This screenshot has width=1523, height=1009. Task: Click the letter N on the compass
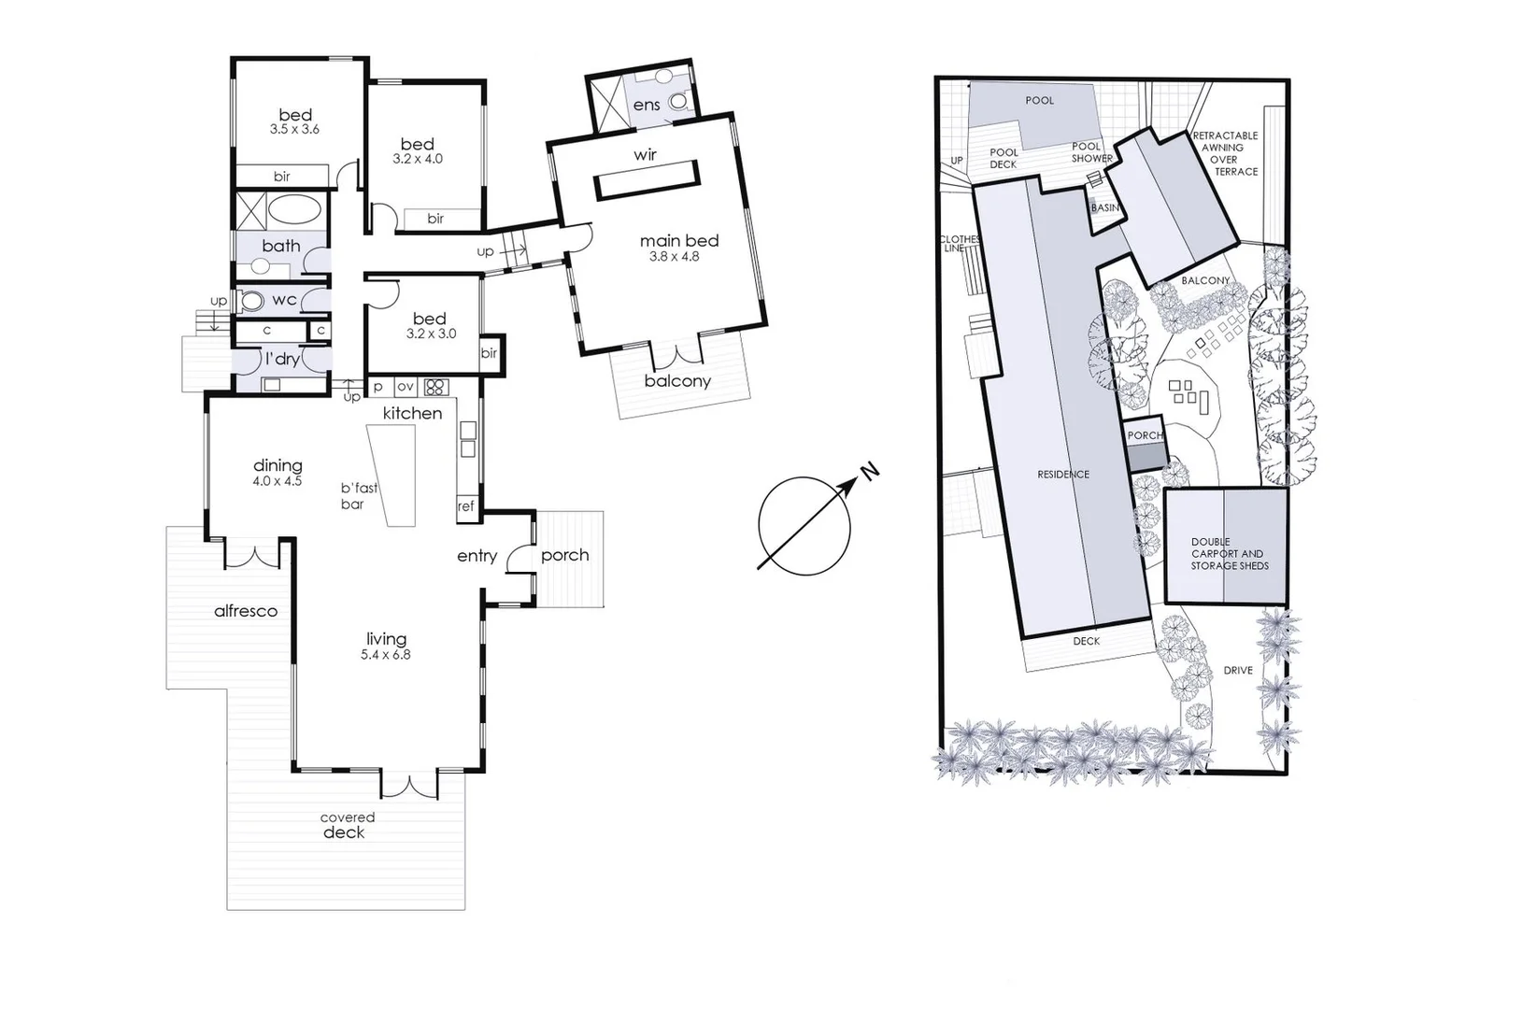(869, 471)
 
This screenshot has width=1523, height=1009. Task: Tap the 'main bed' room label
(679, 241)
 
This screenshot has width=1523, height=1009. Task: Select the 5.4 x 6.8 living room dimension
(386, 655)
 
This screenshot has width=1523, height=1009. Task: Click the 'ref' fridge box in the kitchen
(465, 505)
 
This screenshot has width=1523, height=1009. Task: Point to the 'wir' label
(645, 155)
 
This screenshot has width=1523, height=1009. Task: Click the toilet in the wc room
(252, 301)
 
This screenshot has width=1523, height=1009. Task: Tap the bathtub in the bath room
(296, 209)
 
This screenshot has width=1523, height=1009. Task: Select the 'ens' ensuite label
(647, 105)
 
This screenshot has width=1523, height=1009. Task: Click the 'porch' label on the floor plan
(565, 555)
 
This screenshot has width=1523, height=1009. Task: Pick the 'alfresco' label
(246, 611)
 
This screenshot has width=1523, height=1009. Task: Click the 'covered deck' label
(346, 826)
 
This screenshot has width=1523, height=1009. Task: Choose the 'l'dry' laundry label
(281, 359)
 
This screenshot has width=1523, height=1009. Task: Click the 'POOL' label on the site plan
(1039, 100)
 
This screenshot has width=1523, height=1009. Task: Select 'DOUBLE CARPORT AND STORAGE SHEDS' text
(1229, 553)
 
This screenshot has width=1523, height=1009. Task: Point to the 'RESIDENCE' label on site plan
(1063, 475)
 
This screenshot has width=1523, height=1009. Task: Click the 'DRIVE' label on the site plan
(1238, 671)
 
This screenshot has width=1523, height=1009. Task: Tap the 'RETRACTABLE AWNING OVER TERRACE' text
(1224, 153)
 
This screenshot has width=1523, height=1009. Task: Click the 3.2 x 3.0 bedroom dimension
(431, 334)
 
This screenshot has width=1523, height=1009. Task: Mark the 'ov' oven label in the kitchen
(405, 386)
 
